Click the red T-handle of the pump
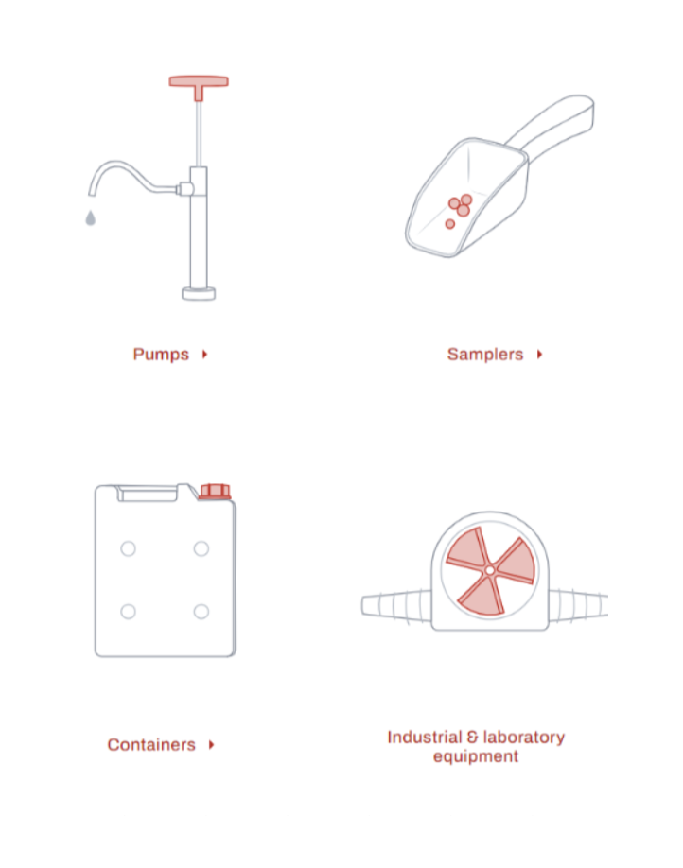[x=199, y=82]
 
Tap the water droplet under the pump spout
[x=91, y=218]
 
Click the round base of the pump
[x=199, y=294]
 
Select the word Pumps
[x=161, y=355]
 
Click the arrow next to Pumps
[x=205, y=355]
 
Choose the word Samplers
[x=485, y=355]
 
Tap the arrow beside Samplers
[x=539, y=355]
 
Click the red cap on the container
[x=215, y=491]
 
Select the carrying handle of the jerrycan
[x=147, y=492]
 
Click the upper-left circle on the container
[x=128, y=548]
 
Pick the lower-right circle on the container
[x=201, y=612]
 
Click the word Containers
[x=151, y=745]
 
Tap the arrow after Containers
[x=212, y=745]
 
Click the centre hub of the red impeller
[x=489, y=570]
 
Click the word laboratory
[x=523, y=738]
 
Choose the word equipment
[x=476, y=757]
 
